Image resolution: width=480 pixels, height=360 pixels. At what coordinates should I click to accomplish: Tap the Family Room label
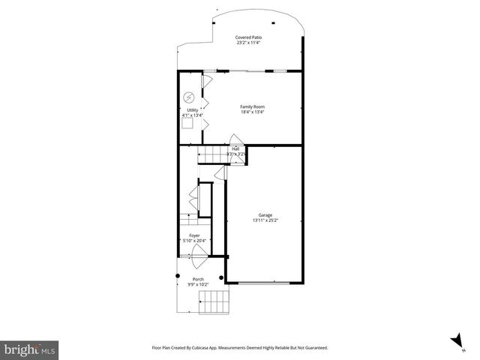tap(252, 106)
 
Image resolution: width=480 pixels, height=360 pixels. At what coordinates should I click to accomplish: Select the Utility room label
tap(192, 110)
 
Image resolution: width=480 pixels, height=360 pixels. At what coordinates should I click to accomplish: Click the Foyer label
tap(195, 235)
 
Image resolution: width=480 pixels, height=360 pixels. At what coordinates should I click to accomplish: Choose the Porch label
tap(198, 279)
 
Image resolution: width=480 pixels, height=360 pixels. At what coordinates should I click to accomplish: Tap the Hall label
tap(235, 148)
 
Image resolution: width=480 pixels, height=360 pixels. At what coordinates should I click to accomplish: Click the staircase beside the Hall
tap(212, 154)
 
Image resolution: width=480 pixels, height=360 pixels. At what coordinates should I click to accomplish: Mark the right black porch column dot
tap(221, 277)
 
